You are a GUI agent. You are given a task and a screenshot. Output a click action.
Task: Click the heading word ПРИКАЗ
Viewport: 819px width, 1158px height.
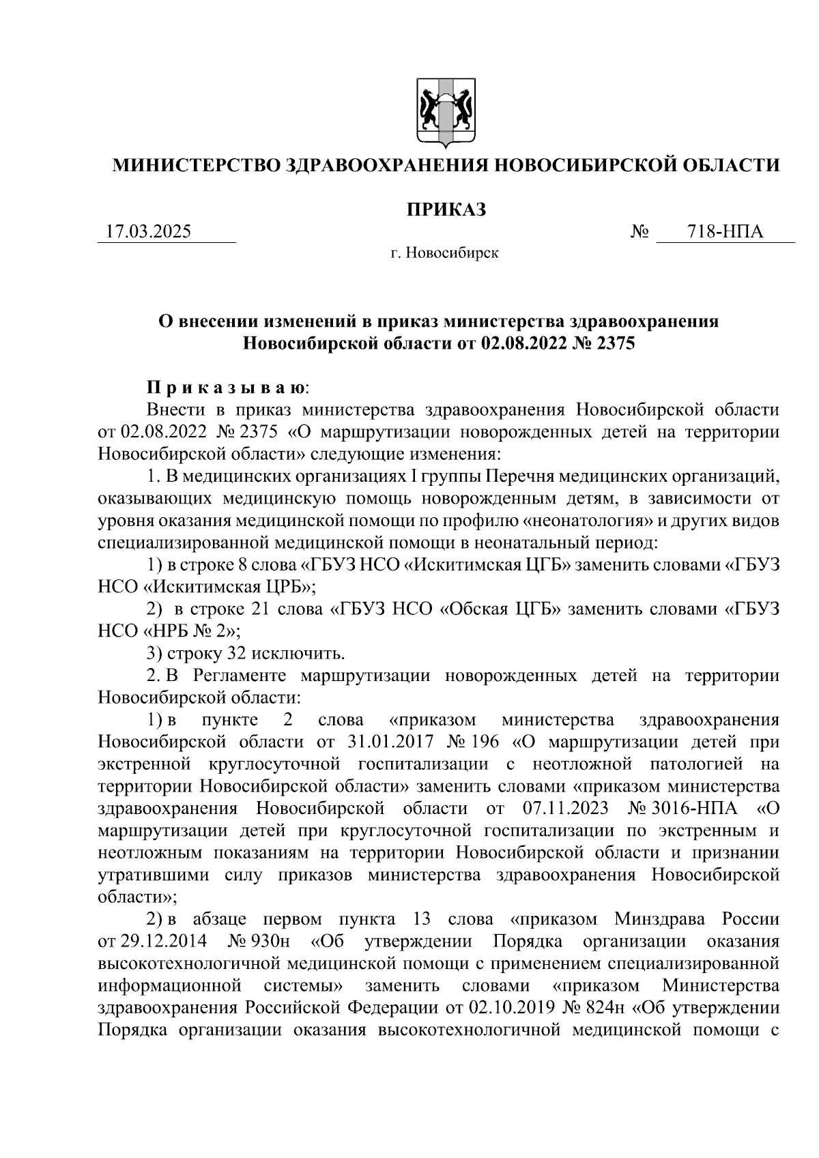[x=446, y=209]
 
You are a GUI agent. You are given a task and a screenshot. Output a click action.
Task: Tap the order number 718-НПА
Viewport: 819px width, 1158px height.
[x=725, y=232]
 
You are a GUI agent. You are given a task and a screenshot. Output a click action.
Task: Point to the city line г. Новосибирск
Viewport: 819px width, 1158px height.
[x=444, y=254]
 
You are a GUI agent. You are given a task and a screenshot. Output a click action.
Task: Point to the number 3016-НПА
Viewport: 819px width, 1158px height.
[x=695, y=809]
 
